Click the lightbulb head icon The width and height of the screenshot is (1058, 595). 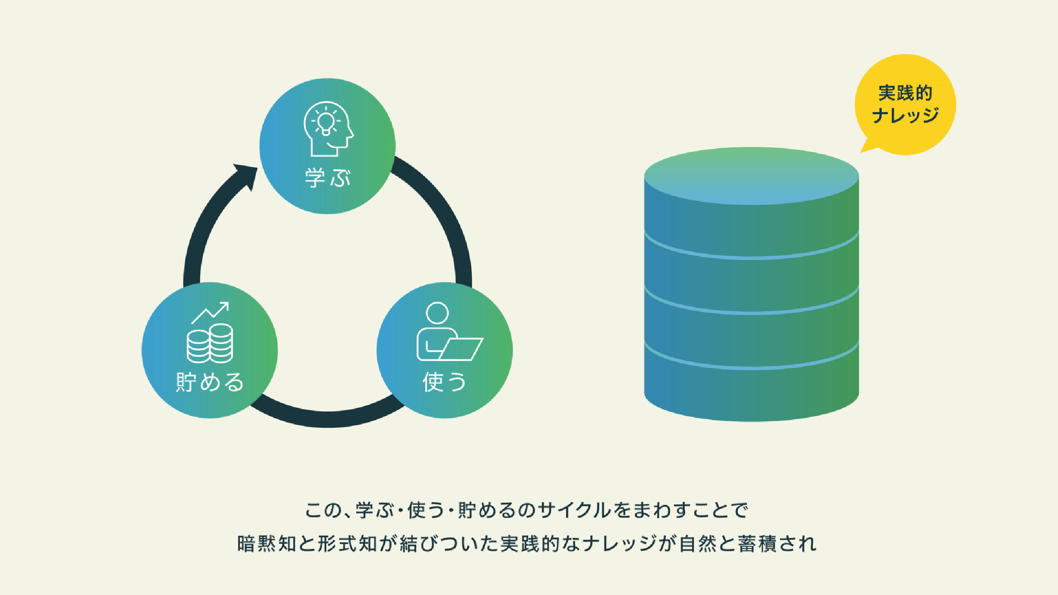tap(328, 129)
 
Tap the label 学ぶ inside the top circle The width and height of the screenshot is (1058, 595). tap(328, 178)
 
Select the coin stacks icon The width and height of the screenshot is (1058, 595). tap(210, 343)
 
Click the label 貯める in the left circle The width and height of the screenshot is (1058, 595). tap(210, 382)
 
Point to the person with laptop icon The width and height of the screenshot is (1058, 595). tap(450, 331)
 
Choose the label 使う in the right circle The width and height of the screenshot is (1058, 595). tap(444, 382)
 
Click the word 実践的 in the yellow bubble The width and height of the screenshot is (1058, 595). tap(905, 93)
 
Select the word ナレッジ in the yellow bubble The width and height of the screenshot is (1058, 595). tap(905, 115)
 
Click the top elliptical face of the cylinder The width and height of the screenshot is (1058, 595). tap(752, 176)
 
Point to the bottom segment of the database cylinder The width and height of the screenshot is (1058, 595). tap(752, 383)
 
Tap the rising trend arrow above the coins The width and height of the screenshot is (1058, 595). tap(210, 312)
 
